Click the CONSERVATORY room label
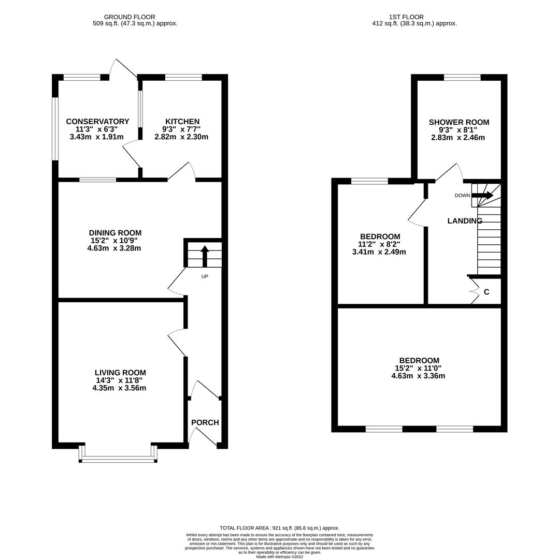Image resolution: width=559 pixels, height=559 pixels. (97, 122)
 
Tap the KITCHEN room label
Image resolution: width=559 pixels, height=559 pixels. (182, 122)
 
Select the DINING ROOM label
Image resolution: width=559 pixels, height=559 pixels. (115, 233)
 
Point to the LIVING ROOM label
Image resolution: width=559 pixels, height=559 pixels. (120, 373)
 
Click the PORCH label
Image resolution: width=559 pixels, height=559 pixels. (205, 422)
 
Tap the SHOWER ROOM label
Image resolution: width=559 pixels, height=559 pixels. (459, 122)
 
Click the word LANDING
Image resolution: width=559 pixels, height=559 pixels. (465, 221)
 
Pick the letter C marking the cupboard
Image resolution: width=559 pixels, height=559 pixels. (486, 292)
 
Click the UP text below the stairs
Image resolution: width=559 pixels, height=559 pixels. (205, 276)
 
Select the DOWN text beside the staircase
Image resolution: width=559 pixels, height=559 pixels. (462, 195)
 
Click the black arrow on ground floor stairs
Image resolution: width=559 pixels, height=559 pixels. (205, 256)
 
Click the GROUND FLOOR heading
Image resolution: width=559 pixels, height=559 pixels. (130, 17)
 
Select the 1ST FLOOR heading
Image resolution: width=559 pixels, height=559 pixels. (406, 17)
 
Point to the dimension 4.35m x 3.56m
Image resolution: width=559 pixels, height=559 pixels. (119, 388)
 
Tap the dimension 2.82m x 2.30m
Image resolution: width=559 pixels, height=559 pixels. (181, 137)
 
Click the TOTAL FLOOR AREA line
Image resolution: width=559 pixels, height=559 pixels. (280, 528)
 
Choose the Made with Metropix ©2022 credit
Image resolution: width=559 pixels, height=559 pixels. (280, 556)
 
